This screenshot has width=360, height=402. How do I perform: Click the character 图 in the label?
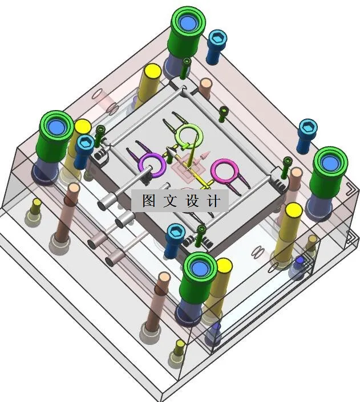coord(149,201)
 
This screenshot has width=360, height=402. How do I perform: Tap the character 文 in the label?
coord(171,201)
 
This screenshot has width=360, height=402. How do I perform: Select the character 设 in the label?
coord(192,201)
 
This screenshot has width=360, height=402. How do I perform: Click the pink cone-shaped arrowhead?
coord(205,155)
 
